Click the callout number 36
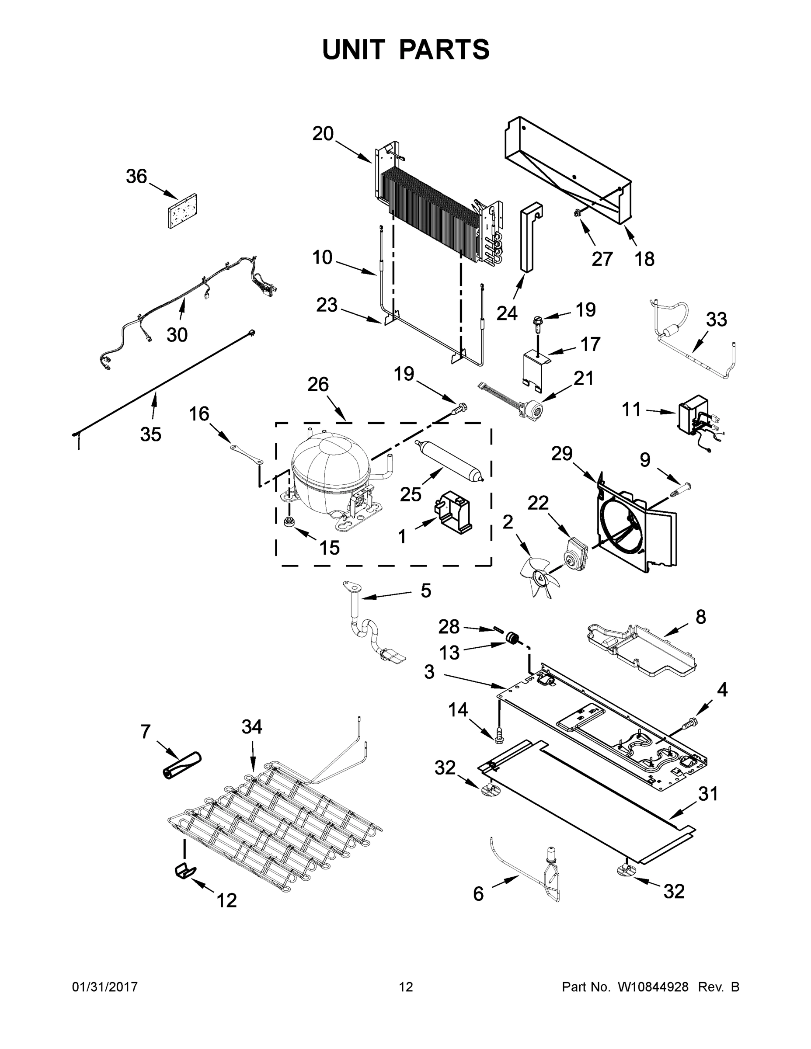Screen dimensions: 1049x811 coord(136,177)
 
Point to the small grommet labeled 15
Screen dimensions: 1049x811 coord(290,523)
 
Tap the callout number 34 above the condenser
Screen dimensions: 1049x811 coord(251,727)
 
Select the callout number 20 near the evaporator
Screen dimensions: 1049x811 coord(323,133)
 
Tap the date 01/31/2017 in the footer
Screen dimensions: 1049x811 coord(105,987)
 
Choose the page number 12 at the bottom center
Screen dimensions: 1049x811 coord(406,987)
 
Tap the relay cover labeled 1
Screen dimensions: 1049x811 coord(454,513)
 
